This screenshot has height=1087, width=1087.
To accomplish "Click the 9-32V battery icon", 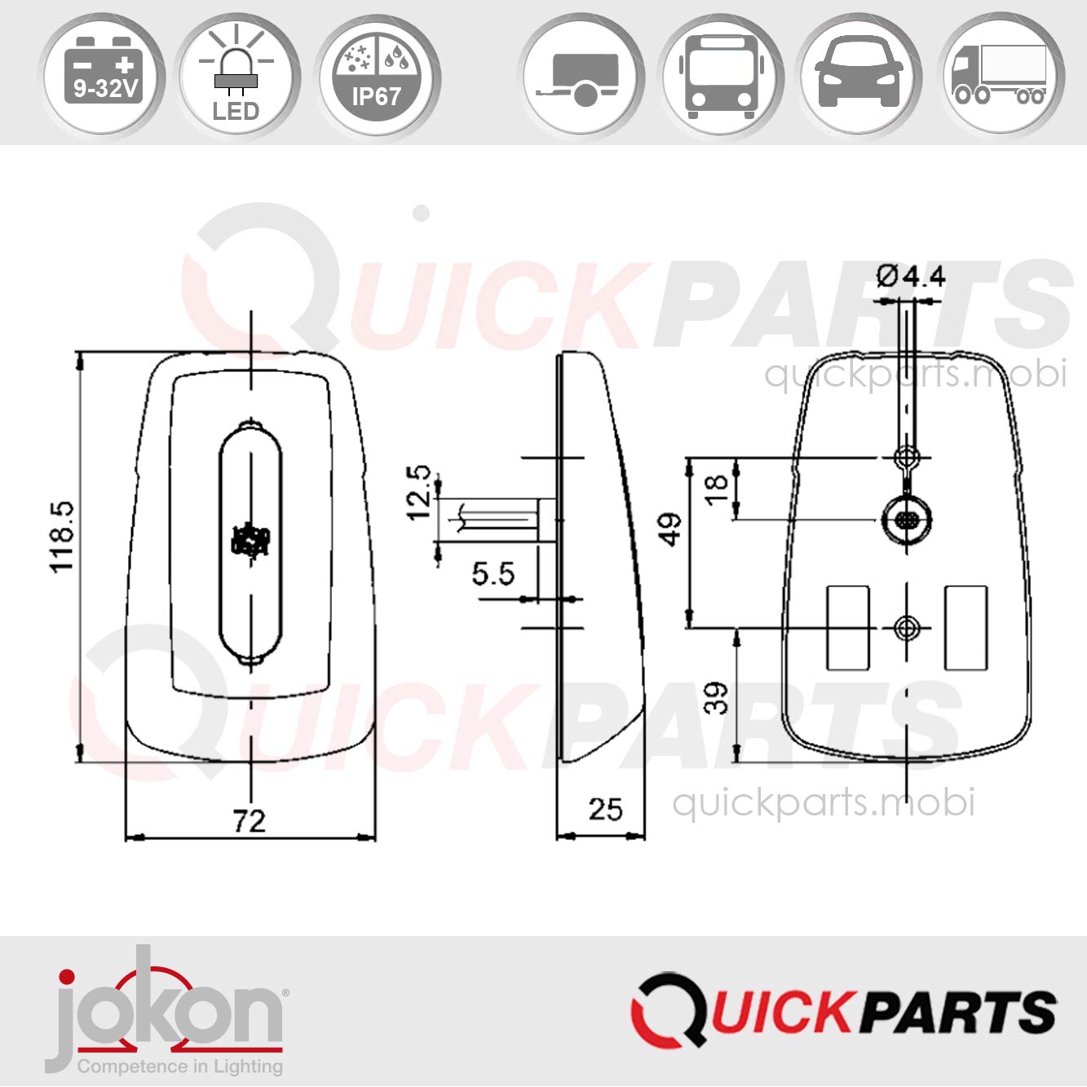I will pos(102,77).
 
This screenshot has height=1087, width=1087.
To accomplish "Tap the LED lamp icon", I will pos(236,77).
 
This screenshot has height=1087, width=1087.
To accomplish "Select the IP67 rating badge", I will pos(376,77).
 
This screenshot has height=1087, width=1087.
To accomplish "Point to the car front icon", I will pos(859,77).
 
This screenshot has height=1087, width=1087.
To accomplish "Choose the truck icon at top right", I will pos(1000,77).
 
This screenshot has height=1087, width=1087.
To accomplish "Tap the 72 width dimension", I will pos(249,820).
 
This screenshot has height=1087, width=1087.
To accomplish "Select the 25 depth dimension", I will pos(605,809).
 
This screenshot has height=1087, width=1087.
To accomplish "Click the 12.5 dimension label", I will pos(419,493).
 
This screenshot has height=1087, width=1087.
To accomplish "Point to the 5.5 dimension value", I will pos(493,574).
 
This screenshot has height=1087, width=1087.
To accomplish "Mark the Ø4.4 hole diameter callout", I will pos(911,276).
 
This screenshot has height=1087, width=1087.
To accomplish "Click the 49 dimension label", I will pos(670,529).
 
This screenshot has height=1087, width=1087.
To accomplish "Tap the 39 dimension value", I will pos(717,698).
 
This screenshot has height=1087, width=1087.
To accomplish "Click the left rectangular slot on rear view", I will pos(848,627).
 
